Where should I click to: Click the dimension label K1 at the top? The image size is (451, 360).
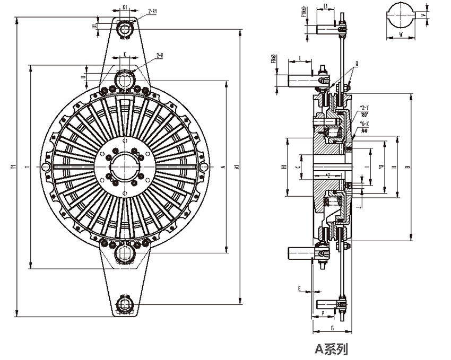[x=125, y=7]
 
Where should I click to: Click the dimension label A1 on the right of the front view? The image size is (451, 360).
[x=238, y=167]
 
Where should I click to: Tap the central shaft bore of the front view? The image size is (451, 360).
[x=125, y=165]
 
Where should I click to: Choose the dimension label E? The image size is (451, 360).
[x=299, y=289]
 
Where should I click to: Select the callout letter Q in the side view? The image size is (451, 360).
[x=357, y=64]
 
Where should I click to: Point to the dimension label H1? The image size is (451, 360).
[x=284, y=167]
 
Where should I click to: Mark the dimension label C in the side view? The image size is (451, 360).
[x=299, y=166]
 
